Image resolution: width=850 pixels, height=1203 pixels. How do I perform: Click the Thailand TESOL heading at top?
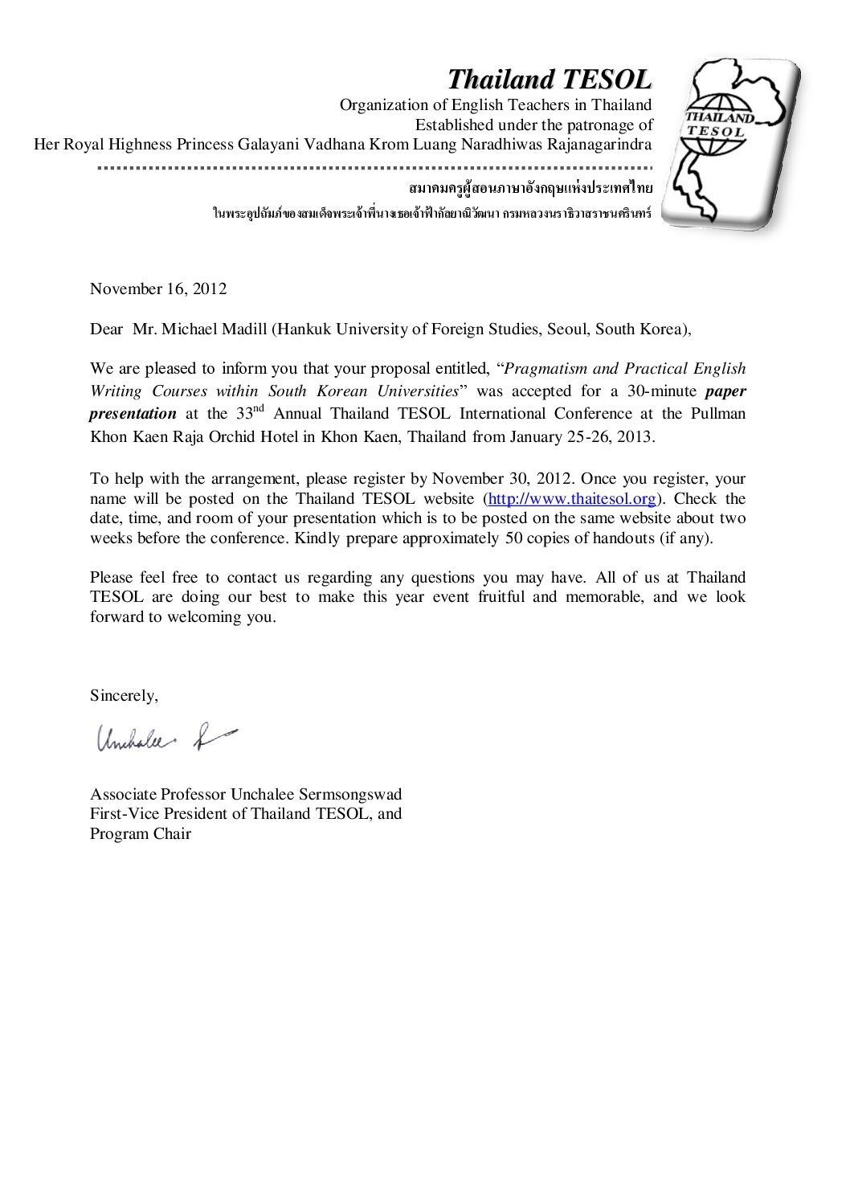pyautogui.click(x=550, y=80)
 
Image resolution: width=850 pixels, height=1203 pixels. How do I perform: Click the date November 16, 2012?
pyautogui.click(x=158, y=289)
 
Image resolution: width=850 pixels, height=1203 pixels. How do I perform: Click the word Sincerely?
pyautogui.click(x=124, y=696)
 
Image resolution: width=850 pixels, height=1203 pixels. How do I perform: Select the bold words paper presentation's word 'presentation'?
pyautogui.click(x=133, y=414)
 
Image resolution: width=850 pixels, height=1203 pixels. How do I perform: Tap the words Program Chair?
pyautogui.click(x=141, y=833)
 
